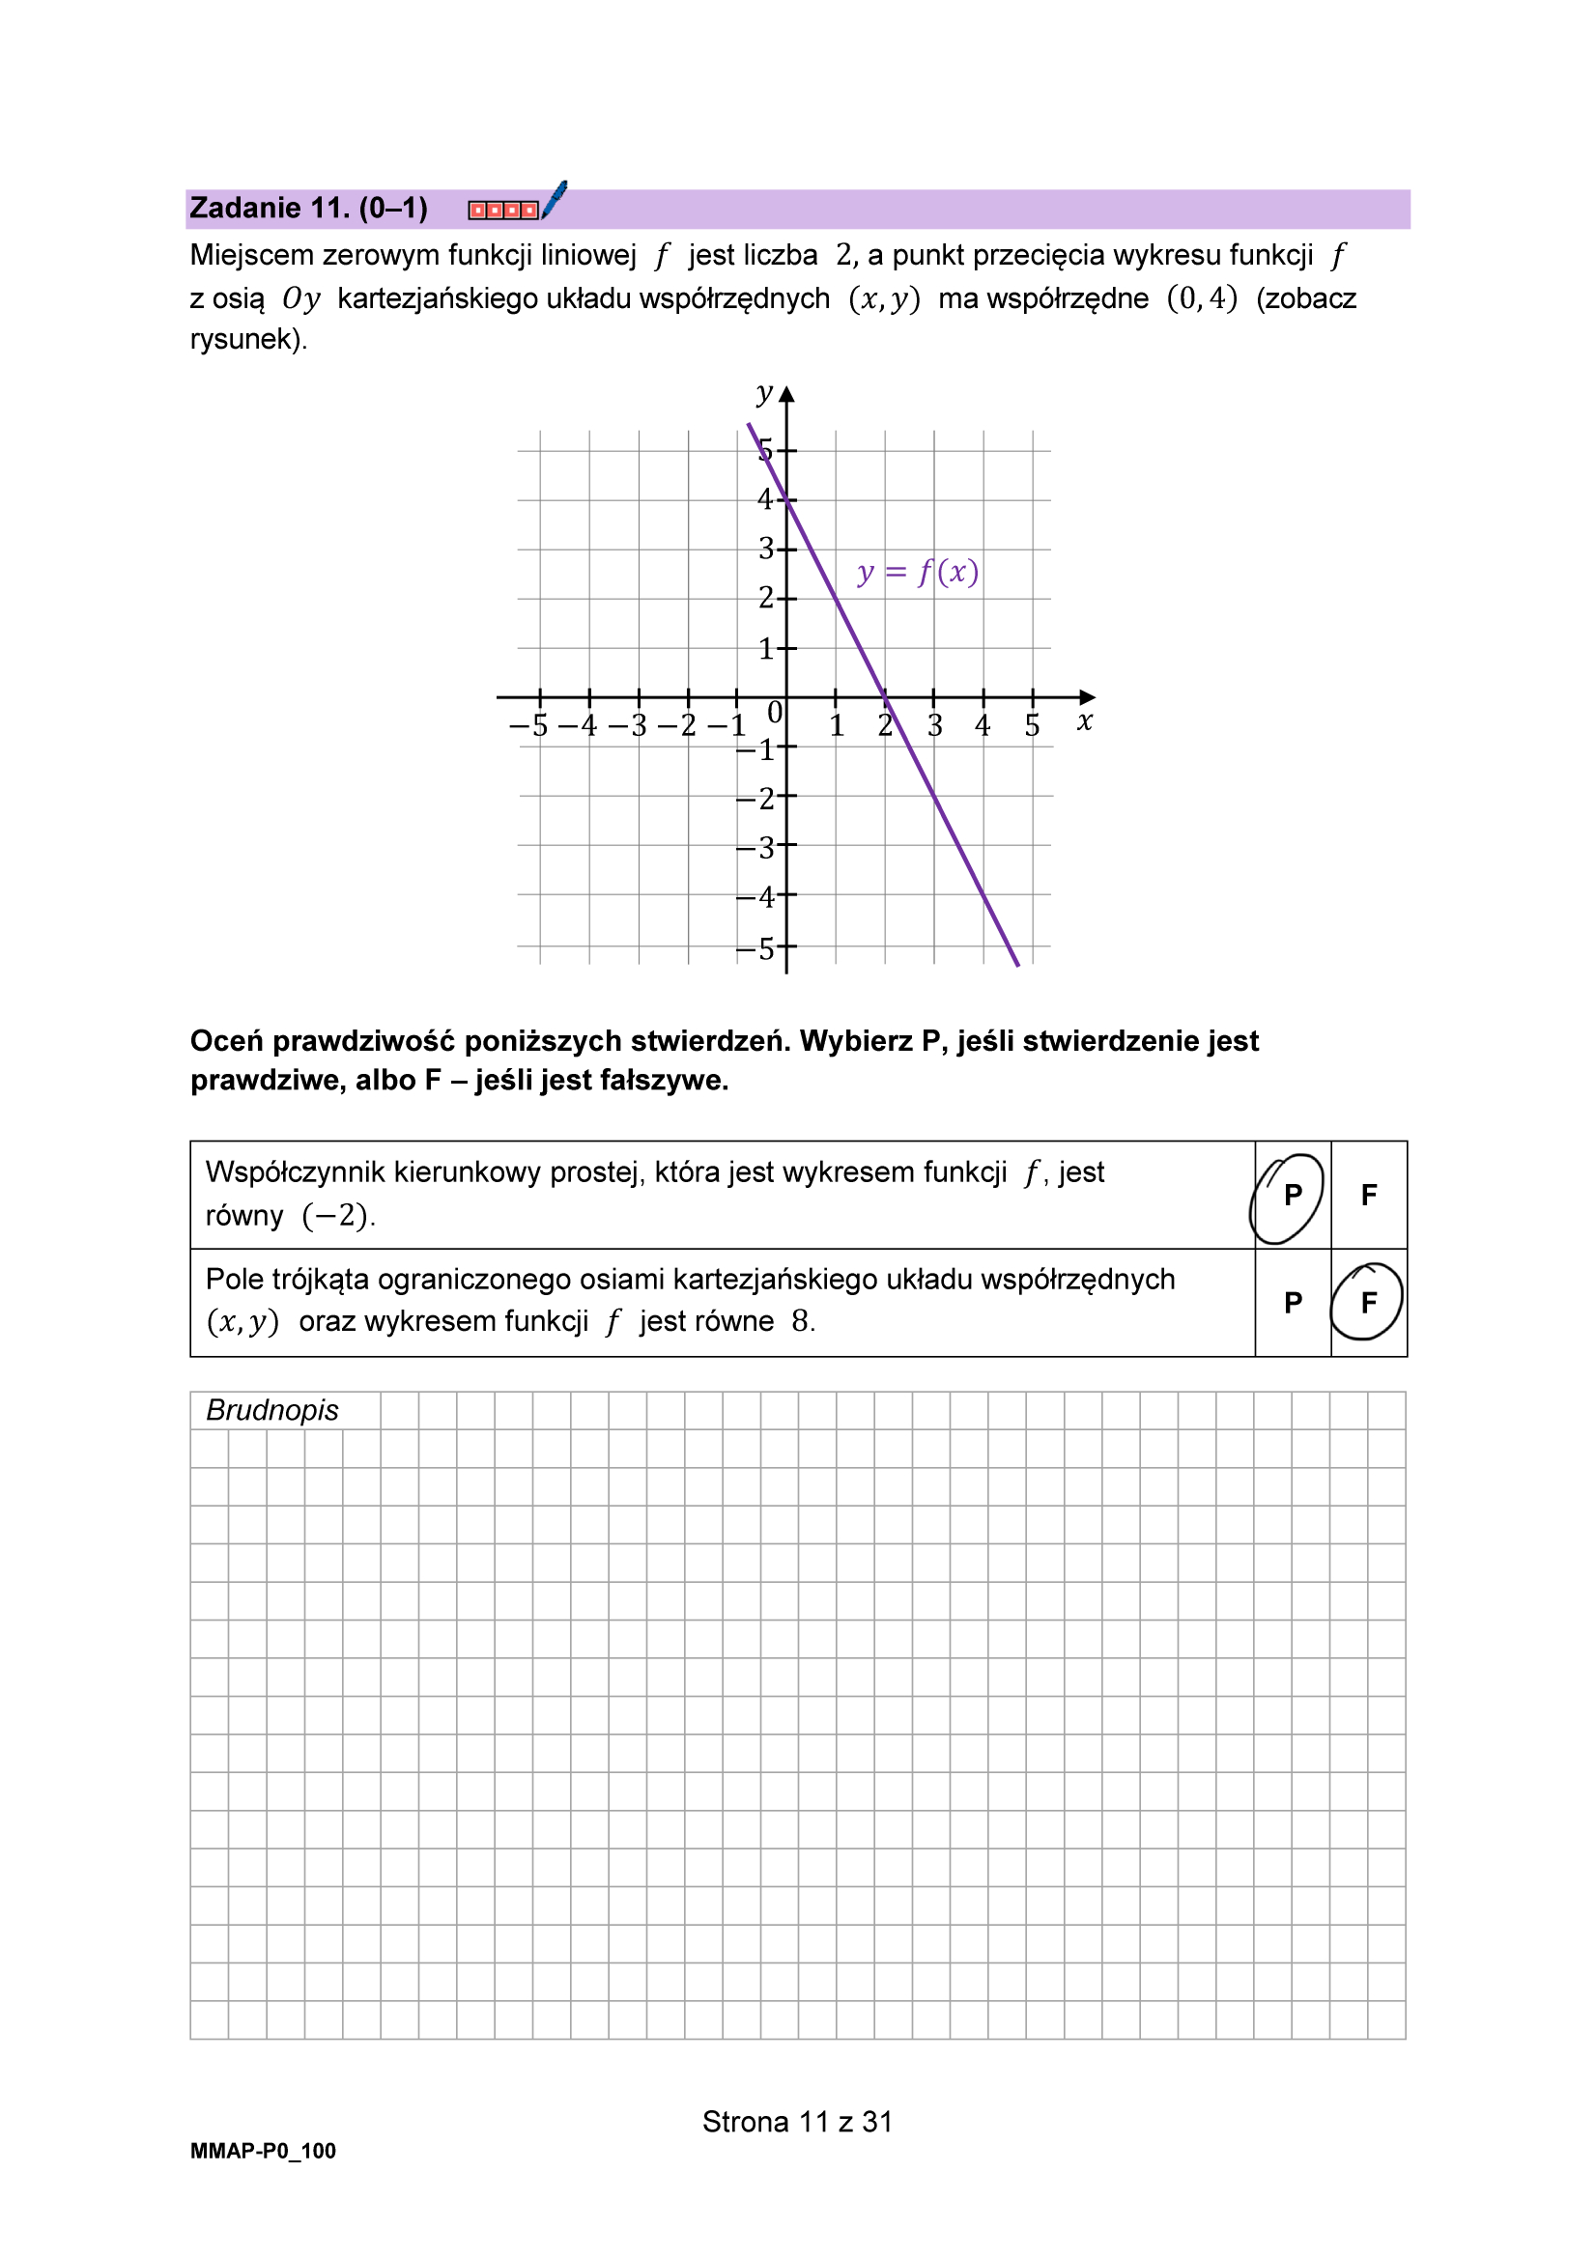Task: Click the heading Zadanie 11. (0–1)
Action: coord(308,209)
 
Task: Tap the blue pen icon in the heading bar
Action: coord(555,200)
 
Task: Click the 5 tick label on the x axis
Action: coord(1032,725)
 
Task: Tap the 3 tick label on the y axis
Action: coord(766,549)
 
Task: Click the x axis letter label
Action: coord(1084,721)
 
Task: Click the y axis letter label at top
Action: coord(764,393)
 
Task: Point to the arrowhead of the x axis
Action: coord(1087,697)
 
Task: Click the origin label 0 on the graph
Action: coord(774,712)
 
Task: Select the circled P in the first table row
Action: coord(1292,1195)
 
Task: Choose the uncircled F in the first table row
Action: coord(1368,1195)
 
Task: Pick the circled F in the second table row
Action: coord(1368,1302)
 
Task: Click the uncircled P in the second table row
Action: coord(1292,1302)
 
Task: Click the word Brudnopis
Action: coord(271,1410)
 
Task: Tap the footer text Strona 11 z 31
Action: coord(796,2122)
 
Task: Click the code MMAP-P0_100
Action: coord(263,2151)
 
